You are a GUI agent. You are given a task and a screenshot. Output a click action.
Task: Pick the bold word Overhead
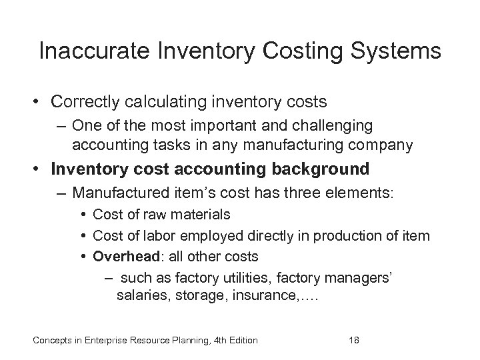click(121, 256)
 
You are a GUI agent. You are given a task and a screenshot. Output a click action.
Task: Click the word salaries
click(140, 296)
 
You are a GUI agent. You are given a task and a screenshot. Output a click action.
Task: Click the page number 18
click(354, 341)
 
